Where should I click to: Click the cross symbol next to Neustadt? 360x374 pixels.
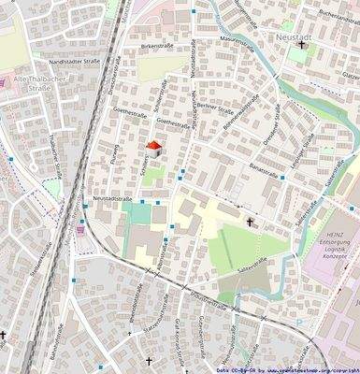tap(302, 44)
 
